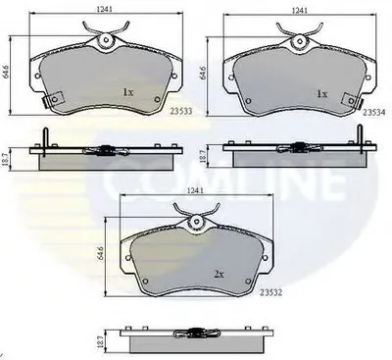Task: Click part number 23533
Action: pyautogui.click(x=181, y=112)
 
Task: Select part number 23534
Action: pyautogui.click(x=374, y=113)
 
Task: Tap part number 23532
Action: pyautogui.click(x=270, y=293)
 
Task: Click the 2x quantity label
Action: pyautogui.click(x=219, y=275)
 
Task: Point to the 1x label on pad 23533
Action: pyautogui.click(x=128, y=92)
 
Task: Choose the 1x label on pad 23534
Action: pyautogui.click(x=321, y=94)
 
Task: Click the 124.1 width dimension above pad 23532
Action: pyautogui.click(x=194, y=190)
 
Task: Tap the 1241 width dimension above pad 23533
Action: pyautogui.click(x=105, y=10)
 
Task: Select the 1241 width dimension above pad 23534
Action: pyautogui.click(x=300, y=11)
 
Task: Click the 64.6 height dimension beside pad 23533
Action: pyautogui.click(x=6, y=71)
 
